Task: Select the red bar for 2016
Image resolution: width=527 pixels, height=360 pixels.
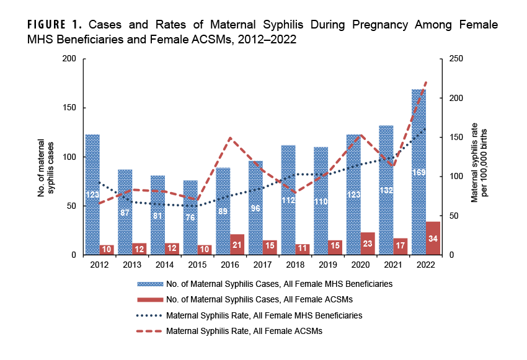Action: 237,244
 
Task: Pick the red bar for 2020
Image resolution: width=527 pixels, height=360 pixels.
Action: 368,243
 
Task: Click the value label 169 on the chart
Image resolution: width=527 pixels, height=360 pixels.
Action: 418,172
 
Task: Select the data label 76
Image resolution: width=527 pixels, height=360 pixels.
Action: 190,217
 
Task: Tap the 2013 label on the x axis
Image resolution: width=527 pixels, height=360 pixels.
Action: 131,264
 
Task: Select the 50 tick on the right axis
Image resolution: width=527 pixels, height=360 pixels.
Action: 453,216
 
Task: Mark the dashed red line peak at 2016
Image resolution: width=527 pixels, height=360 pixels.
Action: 230,138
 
